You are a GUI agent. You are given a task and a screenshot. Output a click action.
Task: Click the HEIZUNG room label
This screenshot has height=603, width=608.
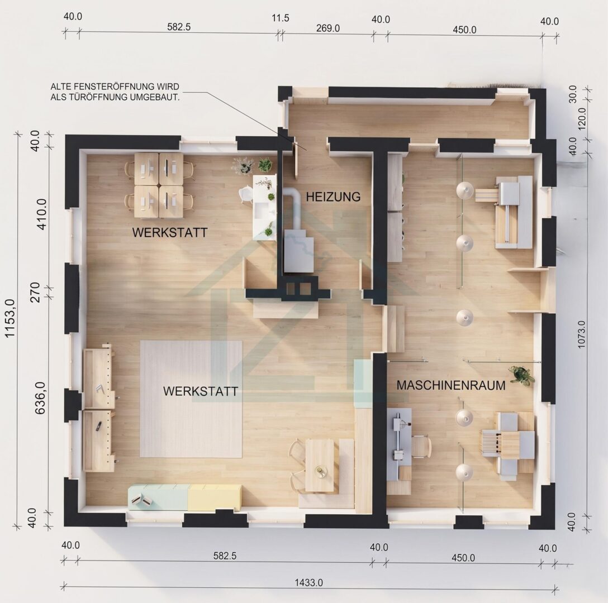tap(333, 197)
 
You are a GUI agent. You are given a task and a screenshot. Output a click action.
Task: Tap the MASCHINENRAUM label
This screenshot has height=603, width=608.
tap(451, 385)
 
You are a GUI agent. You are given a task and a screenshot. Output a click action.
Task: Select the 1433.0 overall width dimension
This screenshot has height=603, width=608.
tap(308, 582)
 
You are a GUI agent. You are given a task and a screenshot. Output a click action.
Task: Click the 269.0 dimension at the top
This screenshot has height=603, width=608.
tap(328, 28)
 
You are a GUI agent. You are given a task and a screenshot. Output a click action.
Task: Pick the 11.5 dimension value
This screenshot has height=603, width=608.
tap(281, 18)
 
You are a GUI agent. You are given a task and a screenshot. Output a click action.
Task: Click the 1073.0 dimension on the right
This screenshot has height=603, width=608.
tap(581, 334)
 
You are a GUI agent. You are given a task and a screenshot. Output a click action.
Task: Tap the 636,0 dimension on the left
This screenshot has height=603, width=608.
tap(40, 398)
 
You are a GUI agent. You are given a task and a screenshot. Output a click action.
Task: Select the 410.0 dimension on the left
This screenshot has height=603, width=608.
tap(41, 214)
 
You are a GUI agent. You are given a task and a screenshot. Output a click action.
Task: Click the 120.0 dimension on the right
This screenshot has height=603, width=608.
tap(582, 119)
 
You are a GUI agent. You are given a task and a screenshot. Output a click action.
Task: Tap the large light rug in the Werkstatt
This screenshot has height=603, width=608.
tap(191, 399)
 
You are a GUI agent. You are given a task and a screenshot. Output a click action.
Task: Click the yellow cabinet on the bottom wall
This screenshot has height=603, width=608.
tap(215, 497)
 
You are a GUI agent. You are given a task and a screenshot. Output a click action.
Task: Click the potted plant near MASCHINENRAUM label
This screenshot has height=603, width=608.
tap(521, 375)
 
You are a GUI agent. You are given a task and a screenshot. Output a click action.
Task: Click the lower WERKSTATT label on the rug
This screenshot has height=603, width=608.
tap(201, 391)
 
